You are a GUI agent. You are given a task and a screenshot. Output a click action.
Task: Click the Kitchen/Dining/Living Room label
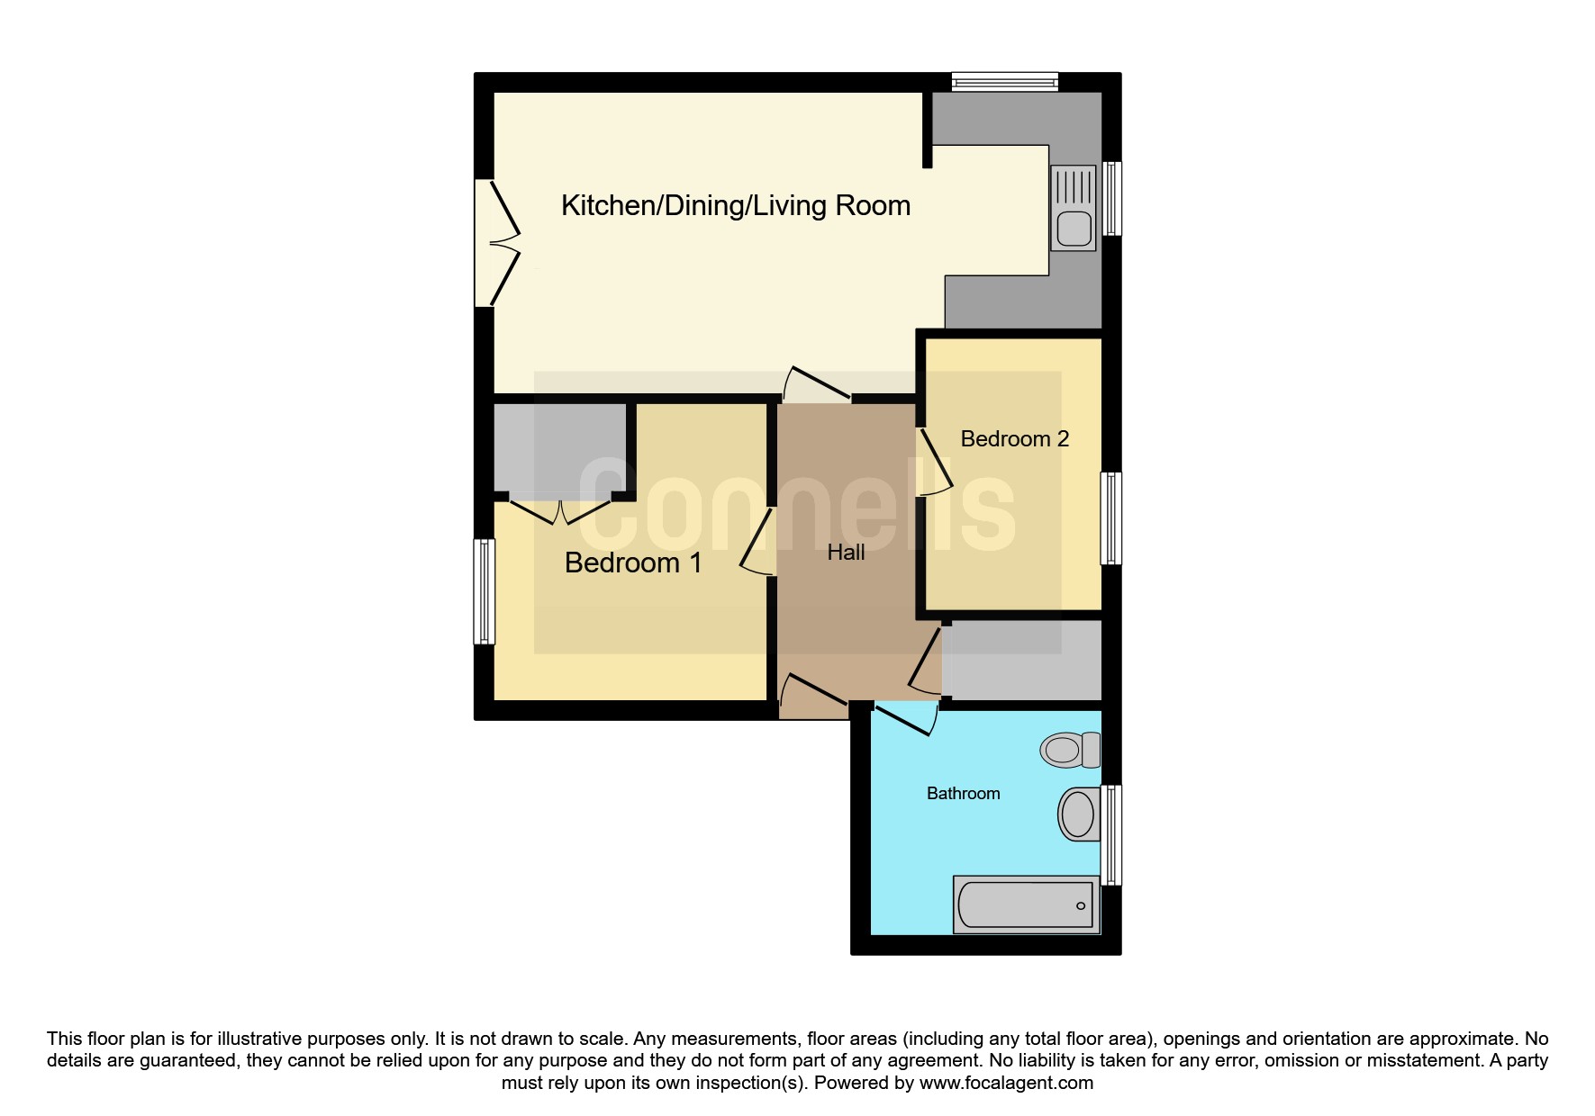[x=736, y=206]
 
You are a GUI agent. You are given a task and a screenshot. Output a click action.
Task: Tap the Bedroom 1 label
[x=633, y=562]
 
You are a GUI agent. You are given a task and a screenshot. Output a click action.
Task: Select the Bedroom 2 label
[x=1014, y=439]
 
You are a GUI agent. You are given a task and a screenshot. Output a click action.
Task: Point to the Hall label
[x=846, y=553]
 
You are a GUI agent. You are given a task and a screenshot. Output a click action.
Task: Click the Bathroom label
[x=964, y=793]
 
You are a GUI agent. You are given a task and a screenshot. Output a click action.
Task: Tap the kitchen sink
[x=1074, y=208]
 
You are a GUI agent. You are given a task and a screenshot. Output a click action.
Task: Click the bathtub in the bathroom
[x=1027, y=904]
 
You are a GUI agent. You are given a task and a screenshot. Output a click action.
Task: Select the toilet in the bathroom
[x=1071, y=750]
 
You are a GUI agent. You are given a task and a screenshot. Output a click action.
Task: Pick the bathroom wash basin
[x=1079, y=814]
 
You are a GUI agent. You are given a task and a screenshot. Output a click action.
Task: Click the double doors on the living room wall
[x=497, y=243]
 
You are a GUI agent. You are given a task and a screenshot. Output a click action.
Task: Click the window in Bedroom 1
[x=485, y=591]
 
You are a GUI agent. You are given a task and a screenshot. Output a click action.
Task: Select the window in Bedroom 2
[x=1112, y=518]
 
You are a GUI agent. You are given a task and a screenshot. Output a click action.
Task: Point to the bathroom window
[x=1112, y=834]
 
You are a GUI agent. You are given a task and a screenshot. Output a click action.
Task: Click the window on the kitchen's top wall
[x=1005, y=82]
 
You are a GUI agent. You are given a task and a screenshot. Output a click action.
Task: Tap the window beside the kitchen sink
[x=1112, y=198]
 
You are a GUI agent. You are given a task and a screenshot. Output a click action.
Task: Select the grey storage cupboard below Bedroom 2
[x=1021, y=660]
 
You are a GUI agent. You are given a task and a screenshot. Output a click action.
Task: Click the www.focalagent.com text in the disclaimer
[x=1006, y=1083]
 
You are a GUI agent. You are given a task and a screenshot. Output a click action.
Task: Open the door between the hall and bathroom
[x=906, y=720]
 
